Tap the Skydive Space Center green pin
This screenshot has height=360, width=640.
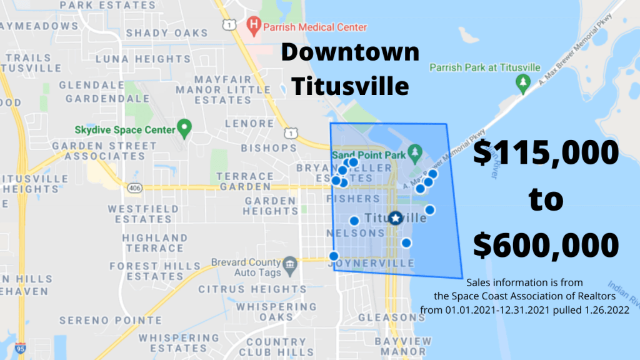coord(184,129)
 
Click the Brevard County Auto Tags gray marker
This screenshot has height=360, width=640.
coord(289,264)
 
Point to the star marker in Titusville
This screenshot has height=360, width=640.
coord(395,218)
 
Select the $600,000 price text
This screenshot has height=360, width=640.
coord(546,244)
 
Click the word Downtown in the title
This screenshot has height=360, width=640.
coord(350,52)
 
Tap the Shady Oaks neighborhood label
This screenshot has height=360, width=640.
coord(167,32)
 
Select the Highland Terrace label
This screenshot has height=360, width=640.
coord(154,242)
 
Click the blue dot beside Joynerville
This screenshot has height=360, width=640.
coord(334,256)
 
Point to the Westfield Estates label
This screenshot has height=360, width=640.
coord(139,214)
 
